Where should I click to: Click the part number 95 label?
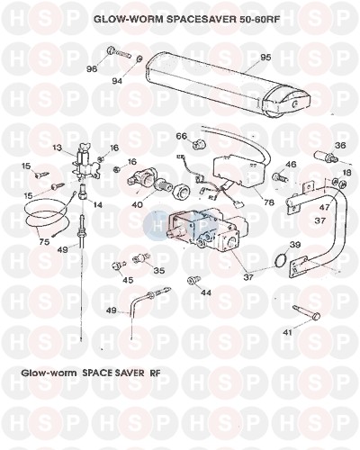[265, 58]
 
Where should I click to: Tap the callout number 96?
[92, 69]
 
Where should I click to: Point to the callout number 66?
[182, 136]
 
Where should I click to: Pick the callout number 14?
[97, 205]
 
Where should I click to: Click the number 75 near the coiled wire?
[44, 242]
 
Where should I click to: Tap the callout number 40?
[138, 206]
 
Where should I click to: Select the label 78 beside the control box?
[268, 202]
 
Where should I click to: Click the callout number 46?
[291, 164]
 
